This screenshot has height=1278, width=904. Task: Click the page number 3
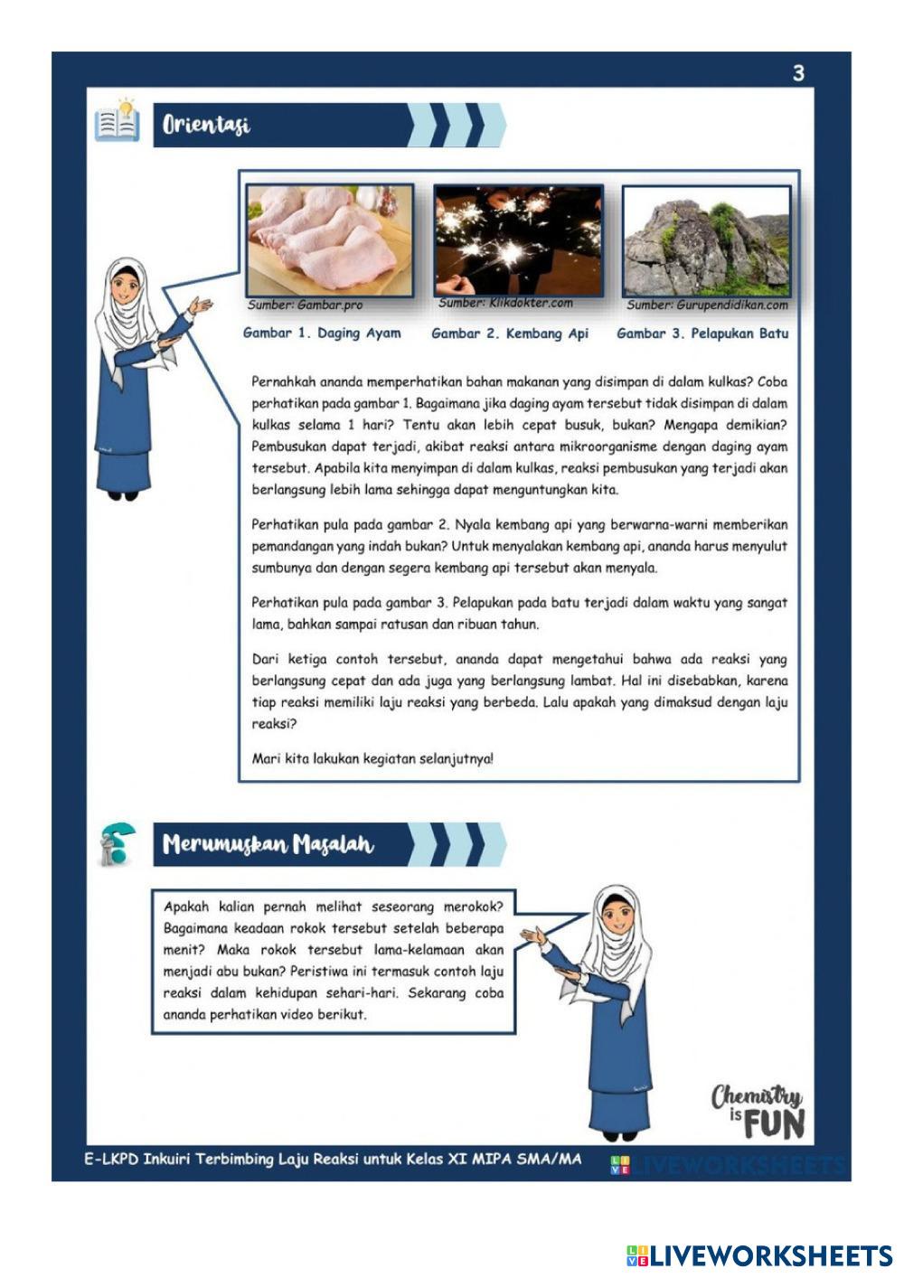point(798,73)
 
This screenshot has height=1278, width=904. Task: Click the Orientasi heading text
point(206,125)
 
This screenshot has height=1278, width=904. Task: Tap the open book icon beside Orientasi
point(117,120)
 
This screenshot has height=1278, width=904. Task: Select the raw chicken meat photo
point(329,240)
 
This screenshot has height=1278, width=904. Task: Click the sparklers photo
point(518,240)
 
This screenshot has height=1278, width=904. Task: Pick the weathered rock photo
point(707,241)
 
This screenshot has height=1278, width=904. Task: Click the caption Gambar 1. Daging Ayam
point(322,334)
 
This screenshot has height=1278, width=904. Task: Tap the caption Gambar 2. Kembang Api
point(510,334)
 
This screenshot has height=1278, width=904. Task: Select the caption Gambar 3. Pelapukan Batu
point(702,334)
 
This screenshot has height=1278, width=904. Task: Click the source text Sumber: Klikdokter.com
point(505,303)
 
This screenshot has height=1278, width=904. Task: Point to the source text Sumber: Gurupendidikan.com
point(707,305)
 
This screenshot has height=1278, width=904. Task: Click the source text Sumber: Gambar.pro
point(306,305)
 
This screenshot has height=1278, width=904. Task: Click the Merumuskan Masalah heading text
point(268,845)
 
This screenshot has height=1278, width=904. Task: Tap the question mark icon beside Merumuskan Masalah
point(117,845)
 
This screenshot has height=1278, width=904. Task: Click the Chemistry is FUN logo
point(758,1112)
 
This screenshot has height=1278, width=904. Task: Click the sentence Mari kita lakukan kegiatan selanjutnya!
point(372,759)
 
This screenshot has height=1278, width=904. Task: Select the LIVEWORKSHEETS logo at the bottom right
point(759,1256)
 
